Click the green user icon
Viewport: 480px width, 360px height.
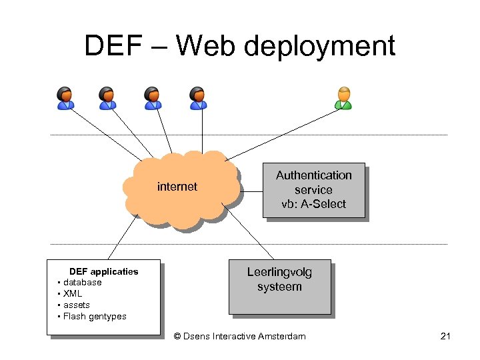click(x=343, y=98)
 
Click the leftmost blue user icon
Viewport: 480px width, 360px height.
click(x=65, y=98)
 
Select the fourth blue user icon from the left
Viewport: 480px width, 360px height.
click(x=197, y=98)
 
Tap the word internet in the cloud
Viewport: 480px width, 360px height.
click(x=177, y=187)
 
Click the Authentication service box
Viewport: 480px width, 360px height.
click(x=313, y=190)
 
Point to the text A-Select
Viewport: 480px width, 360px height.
click(x=323, y=204)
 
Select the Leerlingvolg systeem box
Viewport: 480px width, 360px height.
click(x=279, y=286)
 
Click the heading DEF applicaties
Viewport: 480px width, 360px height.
click(x=103, y=271)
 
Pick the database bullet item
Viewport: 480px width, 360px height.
click(x=82, y=283)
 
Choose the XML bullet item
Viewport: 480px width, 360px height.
click(x=73, y=294)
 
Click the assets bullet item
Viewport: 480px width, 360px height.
click(x=76, y=305)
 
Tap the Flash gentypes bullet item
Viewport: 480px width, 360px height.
click(x=94, y=317)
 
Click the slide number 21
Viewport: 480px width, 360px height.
click(x=446, y=336)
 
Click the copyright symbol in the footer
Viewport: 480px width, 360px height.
click(x=177, y=336)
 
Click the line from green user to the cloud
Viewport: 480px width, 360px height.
click(x=287, y=137)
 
